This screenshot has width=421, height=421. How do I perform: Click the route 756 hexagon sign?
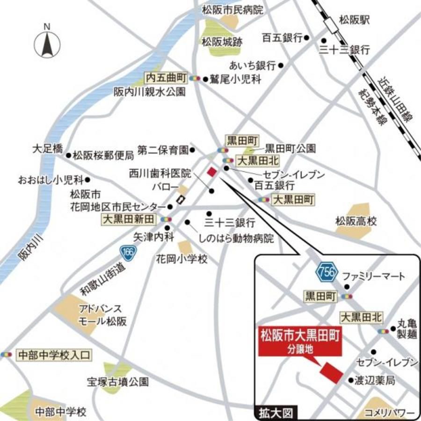(325, 271)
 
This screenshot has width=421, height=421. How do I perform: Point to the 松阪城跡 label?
(222, 42)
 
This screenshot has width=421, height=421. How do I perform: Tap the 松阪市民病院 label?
(232, 9)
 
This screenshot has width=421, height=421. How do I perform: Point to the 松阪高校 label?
(356, 221)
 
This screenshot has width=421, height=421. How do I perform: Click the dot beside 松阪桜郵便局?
(69, 155)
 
